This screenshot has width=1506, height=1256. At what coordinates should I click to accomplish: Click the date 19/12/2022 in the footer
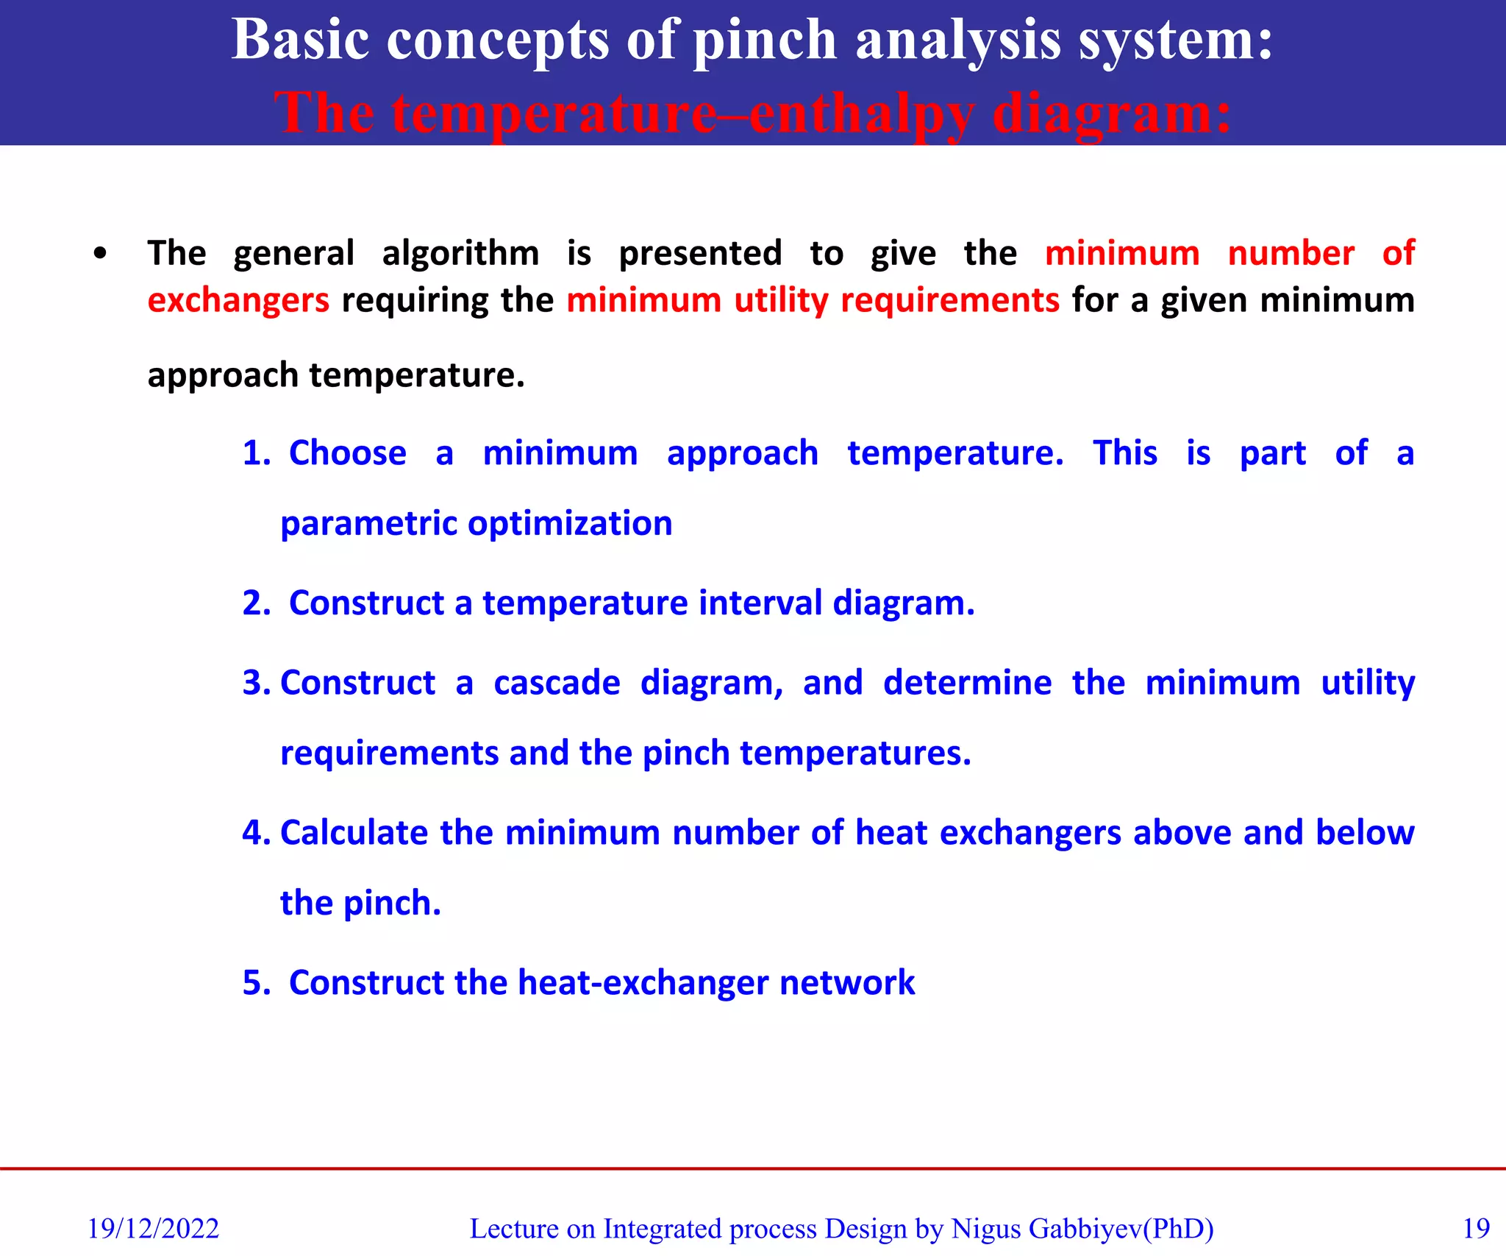tap(153, 1229)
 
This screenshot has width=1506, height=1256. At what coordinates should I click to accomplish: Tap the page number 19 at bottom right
tap(1476, 1229)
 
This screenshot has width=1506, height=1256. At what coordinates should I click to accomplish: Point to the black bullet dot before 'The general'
tap(101, 255)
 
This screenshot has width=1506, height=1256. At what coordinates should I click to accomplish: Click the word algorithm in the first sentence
tap(460, 254)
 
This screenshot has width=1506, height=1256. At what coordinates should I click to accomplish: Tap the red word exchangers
tap(238, 301)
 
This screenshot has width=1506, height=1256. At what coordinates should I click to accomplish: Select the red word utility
tap(781, 301)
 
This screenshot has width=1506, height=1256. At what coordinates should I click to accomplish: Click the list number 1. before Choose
tap(257, 453)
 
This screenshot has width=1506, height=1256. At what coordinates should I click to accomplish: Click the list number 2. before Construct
tap(257, 603)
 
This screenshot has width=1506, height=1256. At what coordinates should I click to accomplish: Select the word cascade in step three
tap(557, 683)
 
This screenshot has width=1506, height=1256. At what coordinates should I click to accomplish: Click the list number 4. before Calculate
tap(257, 833)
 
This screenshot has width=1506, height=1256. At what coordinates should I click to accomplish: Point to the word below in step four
tap(1365, 833)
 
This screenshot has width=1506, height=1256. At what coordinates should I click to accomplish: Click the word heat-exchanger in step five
tap(643, 983)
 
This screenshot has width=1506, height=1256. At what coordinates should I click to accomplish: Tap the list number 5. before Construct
tap(257, 983)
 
